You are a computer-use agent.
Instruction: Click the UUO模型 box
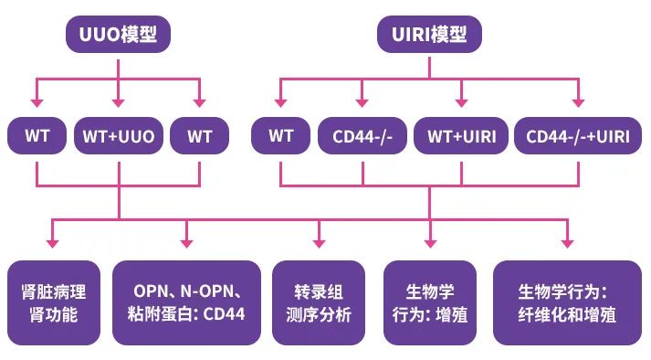(119, 36)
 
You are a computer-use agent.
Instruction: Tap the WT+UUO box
(119, 137)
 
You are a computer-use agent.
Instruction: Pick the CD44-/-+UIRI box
(577, 137)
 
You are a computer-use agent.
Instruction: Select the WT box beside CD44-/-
(280, 137)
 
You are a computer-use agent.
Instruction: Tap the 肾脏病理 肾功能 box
(53, 302)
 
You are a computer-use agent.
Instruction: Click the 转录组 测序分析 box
(319, 302)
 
